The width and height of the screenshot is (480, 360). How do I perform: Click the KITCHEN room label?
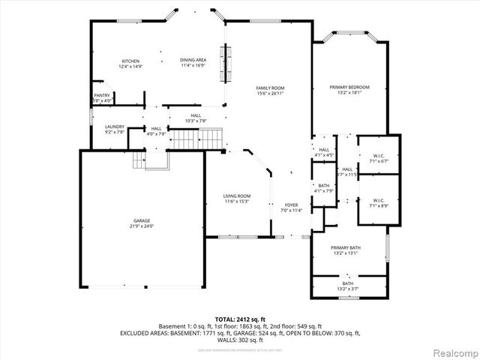point(131,61)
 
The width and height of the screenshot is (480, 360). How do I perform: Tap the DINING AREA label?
point(193,61)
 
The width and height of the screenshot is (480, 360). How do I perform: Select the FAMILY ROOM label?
point(270,88)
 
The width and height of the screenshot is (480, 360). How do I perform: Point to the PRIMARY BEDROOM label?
point(350,87)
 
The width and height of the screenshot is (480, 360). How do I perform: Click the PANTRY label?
point(102,95)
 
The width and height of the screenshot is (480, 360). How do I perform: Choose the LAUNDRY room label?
point(114,127)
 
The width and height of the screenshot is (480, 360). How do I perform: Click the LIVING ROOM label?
point(236,196)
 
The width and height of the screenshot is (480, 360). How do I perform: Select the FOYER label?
point(291,205)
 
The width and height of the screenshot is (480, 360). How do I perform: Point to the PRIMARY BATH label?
point(346,247)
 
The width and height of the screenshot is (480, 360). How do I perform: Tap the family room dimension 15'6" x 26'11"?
point(270,93)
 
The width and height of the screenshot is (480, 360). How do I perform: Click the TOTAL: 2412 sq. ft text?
point(239,319)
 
